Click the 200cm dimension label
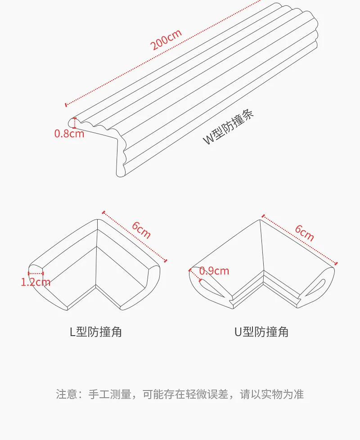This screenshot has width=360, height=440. pyautogui.click(x=166, y=39)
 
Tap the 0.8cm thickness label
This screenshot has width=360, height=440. pyautogui.click(x=69, y=133)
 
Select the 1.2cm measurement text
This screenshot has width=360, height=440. pyautogui.click(x=36, y=282)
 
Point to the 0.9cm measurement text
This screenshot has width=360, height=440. pyautogui.click(x=214, y=271)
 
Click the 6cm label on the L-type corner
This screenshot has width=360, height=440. pyautogui.click(x=141, y=230)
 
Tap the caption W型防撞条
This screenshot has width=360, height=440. pyautogui.click(x=229, y=127)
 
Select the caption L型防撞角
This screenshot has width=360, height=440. pyautogui.click(x=95, y=332)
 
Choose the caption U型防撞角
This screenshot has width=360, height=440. pyautogui.click(x=261, y=332)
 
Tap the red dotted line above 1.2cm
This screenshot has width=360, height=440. pyautogui.click(x=36, y=273)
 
